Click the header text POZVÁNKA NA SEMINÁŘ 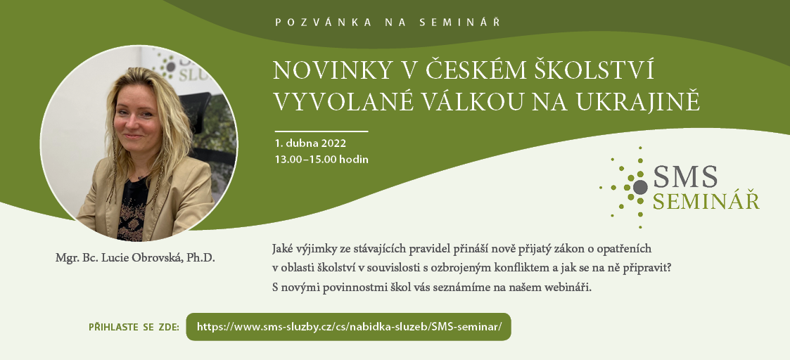click(x=388, y=22)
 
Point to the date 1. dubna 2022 click(x=310, y=143)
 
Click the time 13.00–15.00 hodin click(x=321, y=160)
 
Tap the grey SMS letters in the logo click(x=685, y=176)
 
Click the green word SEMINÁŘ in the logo click(x=706, y=201)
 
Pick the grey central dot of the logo click(x=640, y=187)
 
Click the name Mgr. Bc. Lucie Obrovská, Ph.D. click(x=135, y=258)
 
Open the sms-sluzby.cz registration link click(x=349, y=327)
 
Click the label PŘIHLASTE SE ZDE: click(x=134, y=327)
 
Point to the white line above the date click(x=321, y=131)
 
